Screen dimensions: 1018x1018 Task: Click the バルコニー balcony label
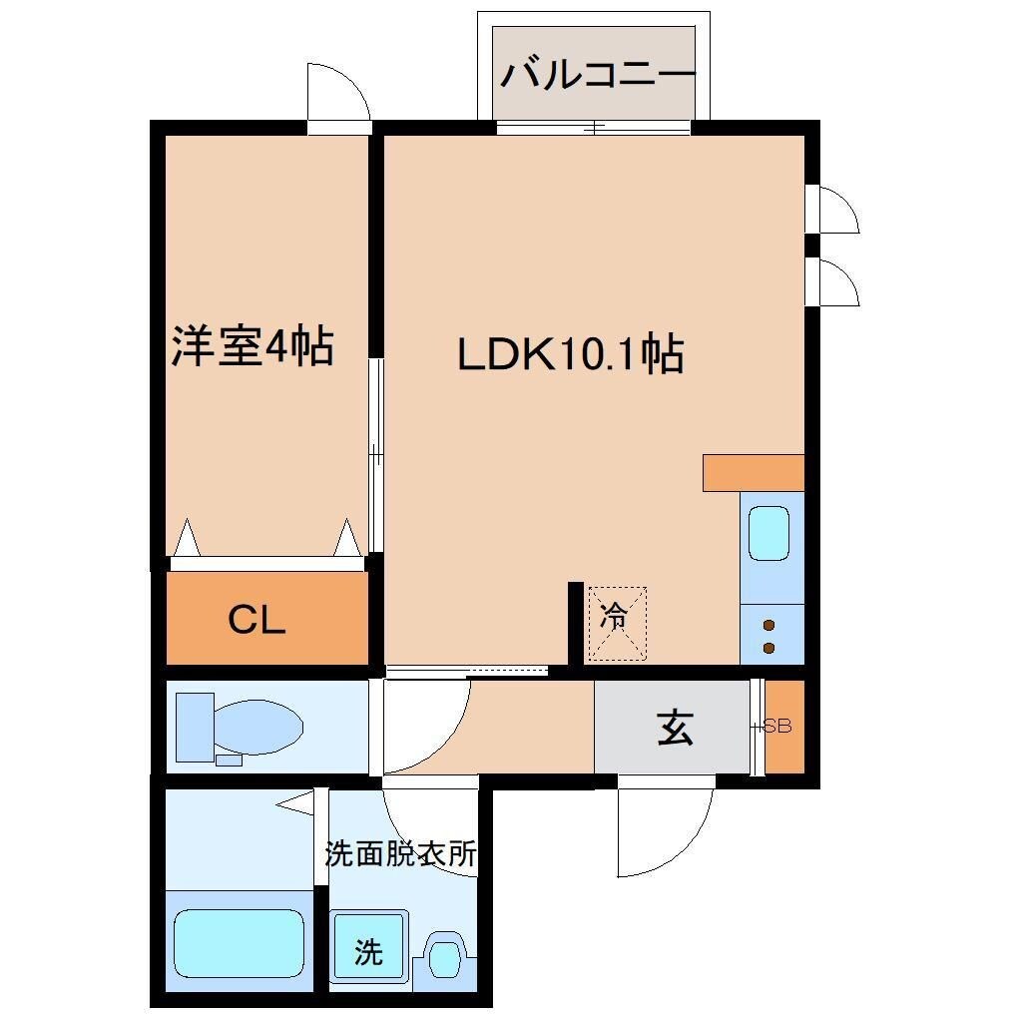[596, 76]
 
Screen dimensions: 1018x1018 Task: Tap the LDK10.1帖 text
[570, 355]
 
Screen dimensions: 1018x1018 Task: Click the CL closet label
[256, 621]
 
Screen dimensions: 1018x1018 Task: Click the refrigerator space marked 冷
[616, 623]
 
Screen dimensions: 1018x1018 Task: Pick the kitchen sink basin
[769, 534]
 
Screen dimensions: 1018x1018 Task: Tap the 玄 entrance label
[675, 729]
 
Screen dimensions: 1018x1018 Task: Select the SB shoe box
[782, 727]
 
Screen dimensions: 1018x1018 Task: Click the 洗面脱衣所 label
[400, 854]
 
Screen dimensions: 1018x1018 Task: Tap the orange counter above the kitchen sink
[753, 472]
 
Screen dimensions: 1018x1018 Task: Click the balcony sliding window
[593, 128]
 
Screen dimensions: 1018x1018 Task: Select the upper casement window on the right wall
[834, 209]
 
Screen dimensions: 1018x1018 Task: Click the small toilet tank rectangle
[229, 760]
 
